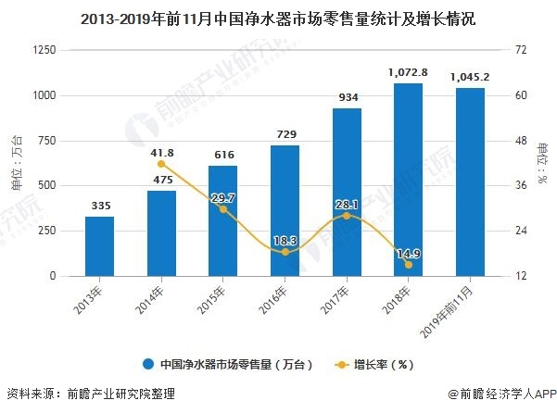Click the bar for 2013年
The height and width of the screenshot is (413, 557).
[99, 246]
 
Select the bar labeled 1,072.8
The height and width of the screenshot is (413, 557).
[408, 180]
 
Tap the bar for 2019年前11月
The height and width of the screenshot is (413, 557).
[469, 182]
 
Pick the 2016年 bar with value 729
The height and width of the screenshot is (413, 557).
[285, 211]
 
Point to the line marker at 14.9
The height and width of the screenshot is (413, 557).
[408, 265]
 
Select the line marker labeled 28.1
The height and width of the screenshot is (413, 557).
[346, 216]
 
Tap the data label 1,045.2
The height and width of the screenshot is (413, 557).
[469, 77]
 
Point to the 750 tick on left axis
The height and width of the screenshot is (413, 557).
[44, 141]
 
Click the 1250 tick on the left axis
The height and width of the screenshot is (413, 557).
[40, 50]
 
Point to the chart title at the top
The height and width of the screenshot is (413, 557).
[278, 18]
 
